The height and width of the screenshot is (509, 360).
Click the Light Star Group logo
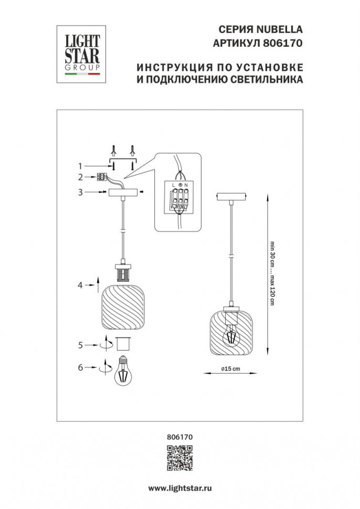pyautogui.click(x=80, y=54)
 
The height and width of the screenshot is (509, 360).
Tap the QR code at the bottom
pyautogui.click(x=179, y=457)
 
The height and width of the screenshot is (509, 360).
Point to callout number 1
pyautogui.click(x=81, y=166)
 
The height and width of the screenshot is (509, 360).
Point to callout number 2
pyautogui.click(x=81, y=177)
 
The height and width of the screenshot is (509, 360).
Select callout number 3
pyautogui.click(x=81, y=193)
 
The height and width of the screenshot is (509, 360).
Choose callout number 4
pyautogui.click(x=81, y=285)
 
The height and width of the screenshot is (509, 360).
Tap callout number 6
pyautogui.click(x=81, y=368)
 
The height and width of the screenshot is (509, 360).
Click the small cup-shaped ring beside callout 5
pyautogui.click(x=123, y=344)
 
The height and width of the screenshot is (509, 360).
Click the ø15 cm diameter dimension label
pyautogui.click(x=230, y=368)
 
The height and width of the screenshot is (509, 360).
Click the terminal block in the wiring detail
pyautogui.click(x=179, y=199)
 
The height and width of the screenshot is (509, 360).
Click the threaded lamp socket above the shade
pyautogui.click(x=122, y=273)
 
